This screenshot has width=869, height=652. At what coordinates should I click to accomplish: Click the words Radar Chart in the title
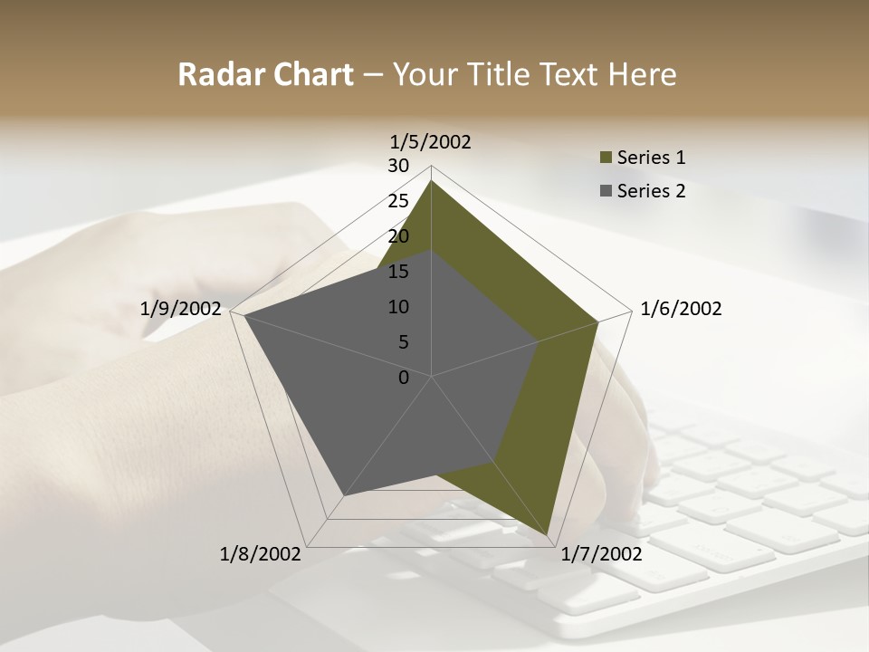click(265, 74)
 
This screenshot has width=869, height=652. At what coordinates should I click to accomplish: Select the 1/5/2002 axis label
click(431, 141)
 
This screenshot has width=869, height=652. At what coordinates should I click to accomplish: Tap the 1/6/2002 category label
click(681, 309)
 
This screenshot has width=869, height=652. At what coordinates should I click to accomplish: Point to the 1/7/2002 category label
click(601, 553)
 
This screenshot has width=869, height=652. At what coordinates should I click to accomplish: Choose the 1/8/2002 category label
click(261, 553)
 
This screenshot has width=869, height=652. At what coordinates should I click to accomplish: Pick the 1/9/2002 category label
click(181, 309)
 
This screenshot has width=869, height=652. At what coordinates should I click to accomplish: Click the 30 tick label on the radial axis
click(398, 166)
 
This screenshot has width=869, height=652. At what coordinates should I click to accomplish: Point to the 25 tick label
click(398, 201)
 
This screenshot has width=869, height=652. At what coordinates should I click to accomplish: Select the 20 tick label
click(398, 236)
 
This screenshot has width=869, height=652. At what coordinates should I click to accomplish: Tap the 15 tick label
click(398, 272)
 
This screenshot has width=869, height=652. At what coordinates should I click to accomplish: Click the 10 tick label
click(398, 307)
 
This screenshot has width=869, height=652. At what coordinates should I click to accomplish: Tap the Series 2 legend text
click(652, 191)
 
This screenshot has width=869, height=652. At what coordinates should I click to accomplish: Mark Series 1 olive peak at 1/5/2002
click(432, 181)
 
